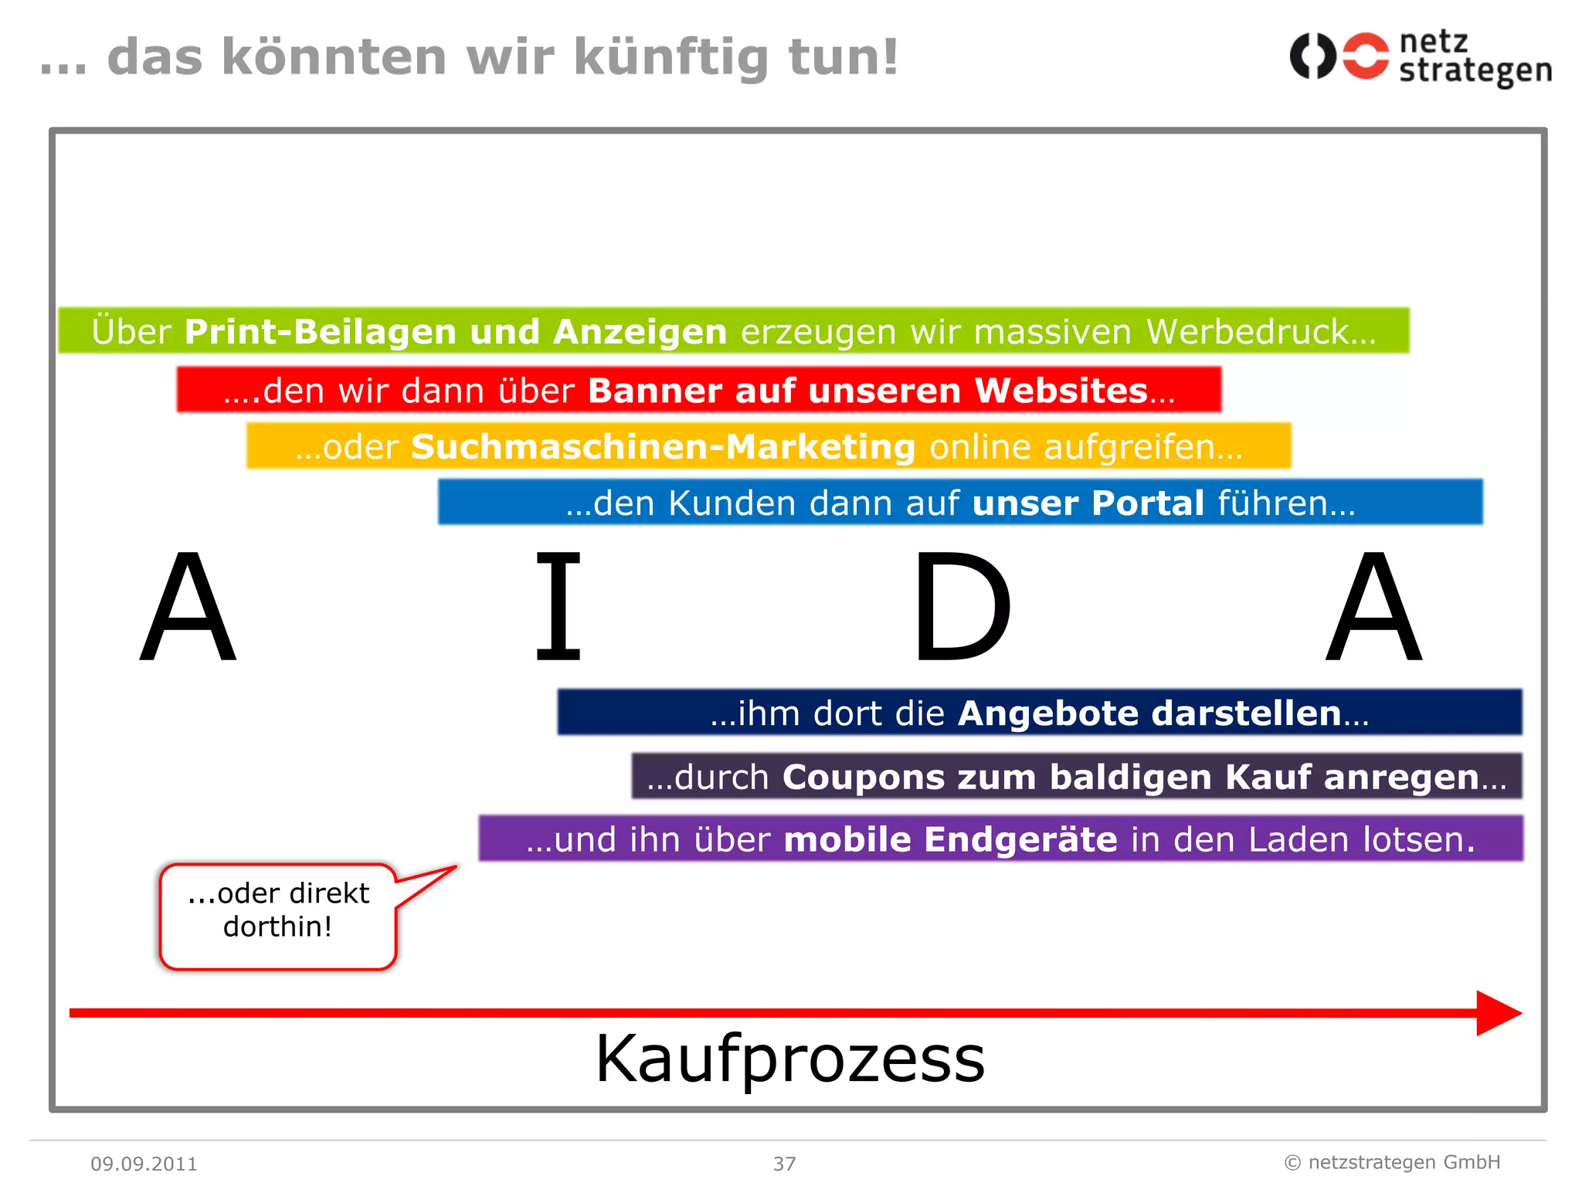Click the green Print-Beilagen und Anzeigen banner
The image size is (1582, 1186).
coord(734,331)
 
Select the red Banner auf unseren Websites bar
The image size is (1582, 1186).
coord(699,390)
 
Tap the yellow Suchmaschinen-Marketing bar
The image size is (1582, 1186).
coord(769,446)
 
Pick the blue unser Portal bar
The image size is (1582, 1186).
coord(960,503)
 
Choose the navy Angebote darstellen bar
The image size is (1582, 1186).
coord(1040,713)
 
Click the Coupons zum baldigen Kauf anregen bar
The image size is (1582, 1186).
coord(1077,777)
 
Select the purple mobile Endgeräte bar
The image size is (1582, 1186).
coord(1001,839)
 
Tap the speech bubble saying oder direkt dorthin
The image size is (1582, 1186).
coord(278,916)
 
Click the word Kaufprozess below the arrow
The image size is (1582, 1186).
coord(790,1059)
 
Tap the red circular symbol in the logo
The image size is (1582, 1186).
coord(1366,56)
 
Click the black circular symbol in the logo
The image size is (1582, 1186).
coord(1312,56)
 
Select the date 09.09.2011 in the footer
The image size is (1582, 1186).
coord(144,1164)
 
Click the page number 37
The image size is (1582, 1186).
coord(785,1164)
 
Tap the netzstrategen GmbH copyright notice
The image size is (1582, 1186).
coord(1392,1162)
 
